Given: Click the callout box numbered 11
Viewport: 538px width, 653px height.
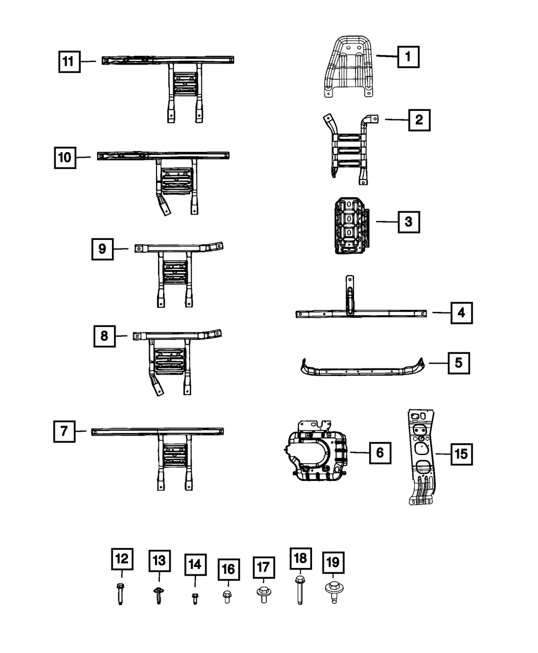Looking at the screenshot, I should pyautogui.click(x=68, y=62).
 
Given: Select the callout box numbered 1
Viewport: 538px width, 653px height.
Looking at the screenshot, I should pyautogui.click(x=408, y=56).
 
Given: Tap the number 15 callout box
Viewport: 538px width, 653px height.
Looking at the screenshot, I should pyautogui.click(x=461, y=455).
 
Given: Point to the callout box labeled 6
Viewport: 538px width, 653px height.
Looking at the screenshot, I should pyautogui.click(x=380, y=453).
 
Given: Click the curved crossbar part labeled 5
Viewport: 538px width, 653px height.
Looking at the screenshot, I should pyautogui.click(x=360, y=370).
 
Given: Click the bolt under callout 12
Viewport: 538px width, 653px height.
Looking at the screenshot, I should pyautogui.click(x=119, y=593).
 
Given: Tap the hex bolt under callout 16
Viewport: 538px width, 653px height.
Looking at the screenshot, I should pyautogui.click(x=227, y=596).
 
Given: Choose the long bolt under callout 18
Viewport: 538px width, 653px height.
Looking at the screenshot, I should pyautogui.click(x=299, y=591).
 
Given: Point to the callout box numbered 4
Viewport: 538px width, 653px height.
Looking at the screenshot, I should pyautogui.click(x=461, y=313).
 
